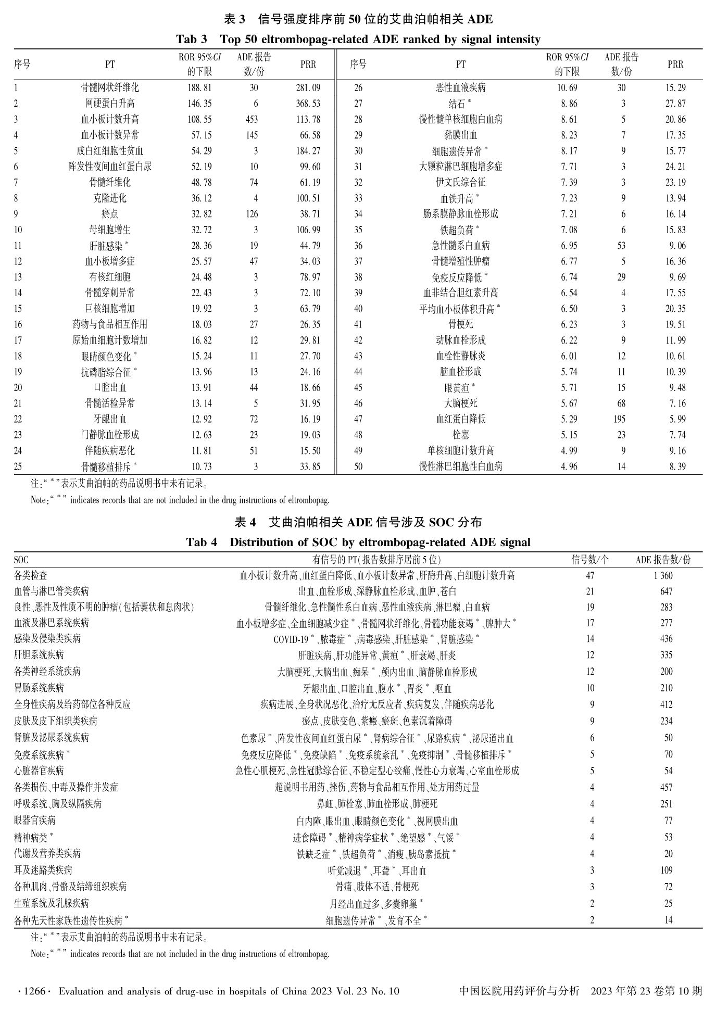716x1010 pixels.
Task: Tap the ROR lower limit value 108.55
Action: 199,119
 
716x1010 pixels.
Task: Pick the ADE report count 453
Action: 252,119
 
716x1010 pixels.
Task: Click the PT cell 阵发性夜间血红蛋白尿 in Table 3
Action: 110,167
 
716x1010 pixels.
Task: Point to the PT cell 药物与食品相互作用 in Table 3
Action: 110,324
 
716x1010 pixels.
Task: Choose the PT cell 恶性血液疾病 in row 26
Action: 460,88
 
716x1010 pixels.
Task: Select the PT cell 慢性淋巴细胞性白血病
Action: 460,466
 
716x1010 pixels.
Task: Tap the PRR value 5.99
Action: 677,419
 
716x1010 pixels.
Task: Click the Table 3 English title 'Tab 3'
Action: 191,40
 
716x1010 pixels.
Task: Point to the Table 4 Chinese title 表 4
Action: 246,522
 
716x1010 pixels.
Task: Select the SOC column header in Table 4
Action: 21,560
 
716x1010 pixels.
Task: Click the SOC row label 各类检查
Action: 31,575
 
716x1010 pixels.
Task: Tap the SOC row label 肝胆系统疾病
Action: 39,655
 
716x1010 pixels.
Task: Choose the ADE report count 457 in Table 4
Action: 666,788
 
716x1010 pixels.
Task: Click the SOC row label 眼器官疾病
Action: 35,820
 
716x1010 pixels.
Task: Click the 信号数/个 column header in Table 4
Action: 590,560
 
